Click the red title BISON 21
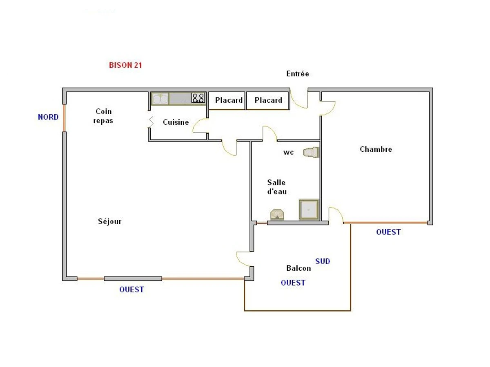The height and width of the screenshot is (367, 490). [x=125, y=65]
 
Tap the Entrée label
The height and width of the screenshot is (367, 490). [x=297, y=74]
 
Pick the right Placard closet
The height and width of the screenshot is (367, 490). [x=268, y=100]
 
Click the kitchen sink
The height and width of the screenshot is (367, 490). [x=160, y=98]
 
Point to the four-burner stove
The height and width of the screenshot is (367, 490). [x=198, y=98]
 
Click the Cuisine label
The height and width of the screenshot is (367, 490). [x=176, y=122]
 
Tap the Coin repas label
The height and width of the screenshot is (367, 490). [x=103, y=116]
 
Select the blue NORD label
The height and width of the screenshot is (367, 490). [x=48, y=117]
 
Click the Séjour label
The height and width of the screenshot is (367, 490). [x=109, y=221]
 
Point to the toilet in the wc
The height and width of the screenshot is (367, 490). [x=310, y=153]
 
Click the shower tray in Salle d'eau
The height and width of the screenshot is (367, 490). [x=308, y=210]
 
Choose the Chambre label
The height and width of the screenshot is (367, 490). [x=376, y=149]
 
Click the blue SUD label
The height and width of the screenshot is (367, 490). [x=322, y=261]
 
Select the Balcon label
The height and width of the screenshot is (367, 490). [x=298, y=268]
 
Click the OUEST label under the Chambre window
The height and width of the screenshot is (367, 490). [x=388, y=232]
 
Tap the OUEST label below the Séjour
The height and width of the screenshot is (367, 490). [x=131, y=290]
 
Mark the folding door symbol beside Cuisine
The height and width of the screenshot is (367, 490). [x=151, y=122]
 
